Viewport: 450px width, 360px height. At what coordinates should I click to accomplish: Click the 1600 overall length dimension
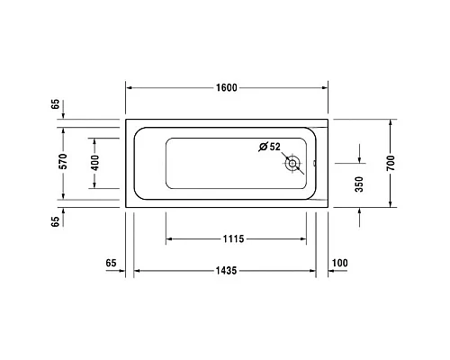pos(226,87)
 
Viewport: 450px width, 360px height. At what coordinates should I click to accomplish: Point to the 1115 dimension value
pos(233,239)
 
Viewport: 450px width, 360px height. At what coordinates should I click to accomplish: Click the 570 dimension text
pos(62,163)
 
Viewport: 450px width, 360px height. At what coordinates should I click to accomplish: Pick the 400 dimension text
pos(94,163)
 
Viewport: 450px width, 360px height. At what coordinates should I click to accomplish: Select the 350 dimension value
pos(359,184)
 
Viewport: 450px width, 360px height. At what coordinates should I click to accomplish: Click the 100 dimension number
pos(340,263)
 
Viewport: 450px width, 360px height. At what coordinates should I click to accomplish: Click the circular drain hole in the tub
pos(293,164)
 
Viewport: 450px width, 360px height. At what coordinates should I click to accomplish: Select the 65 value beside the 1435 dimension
pos(112,263)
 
